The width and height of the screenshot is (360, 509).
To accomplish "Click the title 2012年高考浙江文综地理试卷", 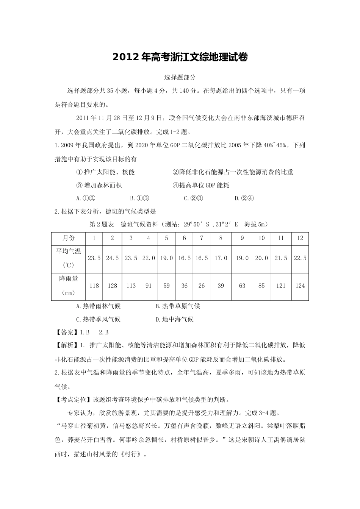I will click(x=180, y=58).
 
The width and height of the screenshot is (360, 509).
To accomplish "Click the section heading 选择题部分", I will click(x=180, y=78).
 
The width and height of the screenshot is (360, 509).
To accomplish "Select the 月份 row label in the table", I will click(x=69, y=238).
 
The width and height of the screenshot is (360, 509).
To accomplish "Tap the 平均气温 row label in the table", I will click(x=69, y=251).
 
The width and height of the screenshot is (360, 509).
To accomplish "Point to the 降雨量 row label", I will click(x=69, y=279).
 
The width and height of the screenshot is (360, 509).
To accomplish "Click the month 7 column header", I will click(x=202, y=238).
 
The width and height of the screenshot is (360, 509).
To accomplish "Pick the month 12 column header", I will click(x=300, y=238).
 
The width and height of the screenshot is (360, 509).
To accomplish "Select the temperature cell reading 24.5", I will click(x=112, y=258).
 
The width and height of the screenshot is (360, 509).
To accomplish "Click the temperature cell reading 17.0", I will click(x=221, y=258).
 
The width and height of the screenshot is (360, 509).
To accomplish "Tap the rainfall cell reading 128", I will click(x=112, y=286).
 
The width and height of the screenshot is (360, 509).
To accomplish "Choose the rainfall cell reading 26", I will click(x=202, y=286).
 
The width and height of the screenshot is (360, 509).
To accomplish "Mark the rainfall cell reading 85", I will click(x=261, y=286).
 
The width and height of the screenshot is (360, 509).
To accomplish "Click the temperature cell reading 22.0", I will click(x=149, y=258).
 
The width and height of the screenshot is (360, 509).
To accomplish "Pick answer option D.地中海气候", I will click(x=175, y=320).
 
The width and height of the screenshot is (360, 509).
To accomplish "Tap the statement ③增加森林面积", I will click(x=99, y=186).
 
